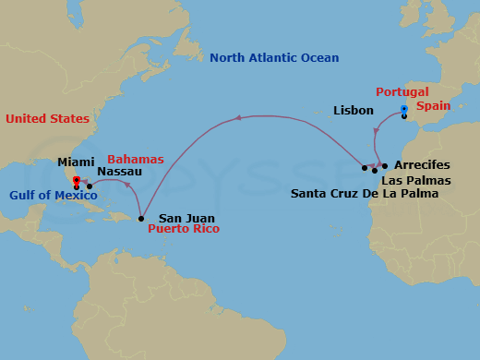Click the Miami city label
click(76, 162)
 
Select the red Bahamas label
click(135, 160)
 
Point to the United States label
click(47, 119)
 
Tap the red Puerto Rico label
click(184, 228)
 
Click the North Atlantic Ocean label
click(274, 58)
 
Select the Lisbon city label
click(354, 111)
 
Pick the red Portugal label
click(402, 92)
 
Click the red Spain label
click(433, 106)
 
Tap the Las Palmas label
click(416, 180)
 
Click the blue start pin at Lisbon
click(404, 109)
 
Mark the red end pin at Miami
click(76, 180)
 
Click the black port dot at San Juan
click(140, 219)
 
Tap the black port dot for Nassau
click(90, 187)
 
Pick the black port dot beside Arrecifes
click(385, 166)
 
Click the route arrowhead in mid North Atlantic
click(238, 117)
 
